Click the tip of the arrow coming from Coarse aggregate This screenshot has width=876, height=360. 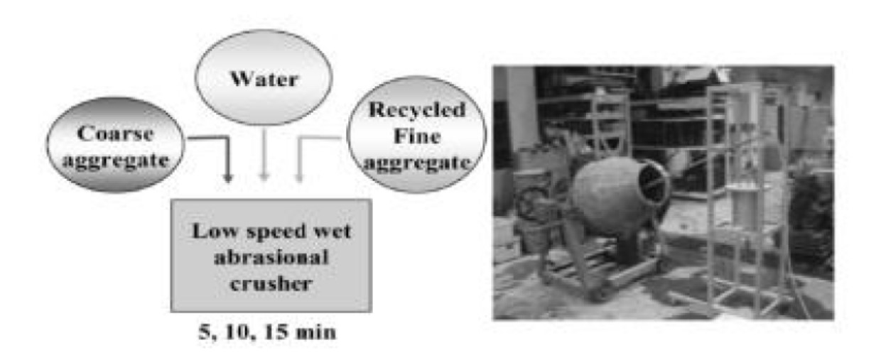click(x=227, y=182)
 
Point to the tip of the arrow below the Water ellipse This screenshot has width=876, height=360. click(x=264, y=181)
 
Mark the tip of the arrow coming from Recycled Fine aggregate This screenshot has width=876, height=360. click(x=299, y=182)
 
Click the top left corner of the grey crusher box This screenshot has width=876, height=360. click(x=171, y=200)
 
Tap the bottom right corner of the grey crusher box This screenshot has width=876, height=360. click(x=372, y=312)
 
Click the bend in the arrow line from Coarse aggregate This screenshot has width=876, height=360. click(x=227, y=138)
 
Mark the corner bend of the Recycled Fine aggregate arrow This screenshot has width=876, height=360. click(x=300, y=138)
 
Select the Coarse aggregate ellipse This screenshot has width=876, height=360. click(x=115, y=145)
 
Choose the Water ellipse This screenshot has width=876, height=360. click(x=264, y=77)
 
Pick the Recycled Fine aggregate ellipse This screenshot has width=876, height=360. click(x=416, y=134)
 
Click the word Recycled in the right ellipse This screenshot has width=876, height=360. click(x=417, y=110)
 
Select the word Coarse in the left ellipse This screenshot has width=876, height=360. click(x=115, y=133)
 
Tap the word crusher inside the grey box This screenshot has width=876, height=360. click(x=271, y=283)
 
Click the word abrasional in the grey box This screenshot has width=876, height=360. click(x=271, y=257)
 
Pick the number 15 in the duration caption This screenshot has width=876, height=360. click(x=277, y=332)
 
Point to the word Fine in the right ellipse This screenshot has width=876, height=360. click(x=417, y=136)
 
